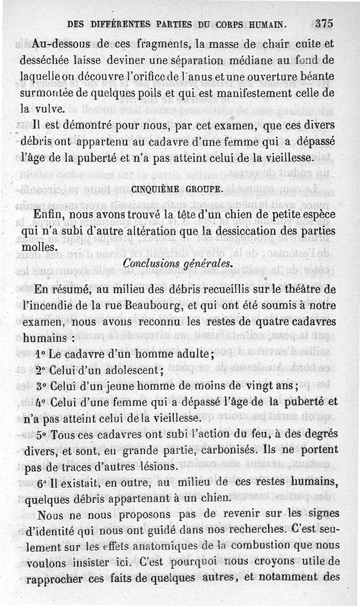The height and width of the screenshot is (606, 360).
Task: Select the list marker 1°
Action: tap(40, 354)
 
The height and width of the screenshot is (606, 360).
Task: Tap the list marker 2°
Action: tap(41, 371)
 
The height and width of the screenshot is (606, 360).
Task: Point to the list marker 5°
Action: tap(41, 435)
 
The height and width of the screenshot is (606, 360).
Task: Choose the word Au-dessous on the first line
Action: tap(62, 44)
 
